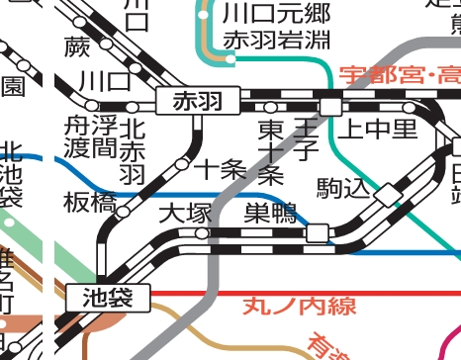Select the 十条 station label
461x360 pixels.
pos(221,169)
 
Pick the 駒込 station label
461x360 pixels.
pos(341,186)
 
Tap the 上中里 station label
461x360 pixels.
pos(378,130)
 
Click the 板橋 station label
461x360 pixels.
pos(83,202)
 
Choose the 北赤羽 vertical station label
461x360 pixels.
pos(132,150)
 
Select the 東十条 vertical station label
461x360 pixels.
pos(270,151)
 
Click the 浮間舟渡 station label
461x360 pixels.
pos(90,137)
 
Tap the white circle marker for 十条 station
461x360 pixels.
pos(182,164)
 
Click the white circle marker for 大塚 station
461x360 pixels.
pos(202,233)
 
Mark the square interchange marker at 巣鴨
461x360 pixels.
pos(318,232)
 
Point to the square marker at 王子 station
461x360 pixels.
pos(330,106)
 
